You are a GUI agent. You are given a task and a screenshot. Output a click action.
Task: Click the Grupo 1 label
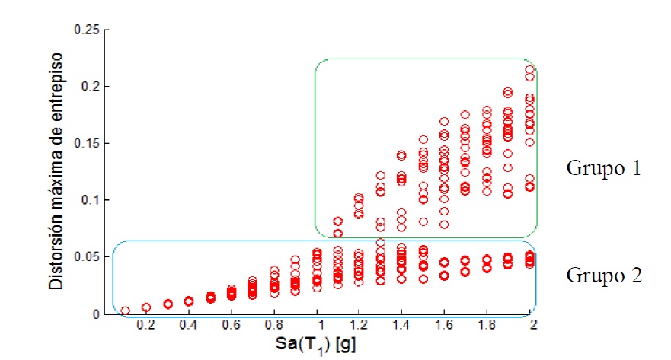coord(603,168)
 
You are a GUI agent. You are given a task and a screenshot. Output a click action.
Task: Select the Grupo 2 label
coord(604,276)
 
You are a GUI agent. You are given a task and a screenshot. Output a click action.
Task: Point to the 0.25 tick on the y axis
coord(86,30)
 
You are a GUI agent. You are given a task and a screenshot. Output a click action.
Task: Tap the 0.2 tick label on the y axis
coord(90,86)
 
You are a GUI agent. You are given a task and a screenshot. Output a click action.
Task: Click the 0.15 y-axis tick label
coord(86,143)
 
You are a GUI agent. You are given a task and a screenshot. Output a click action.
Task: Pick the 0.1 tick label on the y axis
coord(90,200)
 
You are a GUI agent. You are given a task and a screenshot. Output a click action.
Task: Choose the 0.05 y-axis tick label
coord(86,257)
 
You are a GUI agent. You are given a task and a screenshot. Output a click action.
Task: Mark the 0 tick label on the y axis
coord(96,314)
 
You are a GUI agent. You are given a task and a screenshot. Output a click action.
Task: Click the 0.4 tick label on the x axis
coord(188,325)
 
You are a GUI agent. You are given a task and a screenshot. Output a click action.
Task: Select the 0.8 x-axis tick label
coord(273,325)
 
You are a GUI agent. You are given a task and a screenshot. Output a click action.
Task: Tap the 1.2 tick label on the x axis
coord(359,325)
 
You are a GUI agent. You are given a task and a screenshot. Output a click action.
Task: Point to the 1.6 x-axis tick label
coord(444,325)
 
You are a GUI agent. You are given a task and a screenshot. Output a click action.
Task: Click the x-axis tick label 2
coord(533,325)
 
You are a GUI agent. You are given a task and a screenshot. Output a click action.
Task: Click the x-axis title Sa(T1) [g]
coord(315,345)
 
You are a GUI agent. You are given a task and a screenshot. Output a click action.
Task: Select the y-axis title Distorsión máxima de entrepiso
coord(56,171)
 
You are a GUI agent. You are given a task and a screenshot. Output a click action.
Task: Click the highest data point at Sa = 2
coord(529,69)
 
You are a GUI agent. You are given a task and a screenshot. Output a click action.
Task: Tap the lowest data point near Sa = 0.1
coord(125,311)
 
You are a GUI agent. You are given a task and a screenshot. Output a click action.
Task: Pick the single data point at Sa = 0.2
coord(146,307)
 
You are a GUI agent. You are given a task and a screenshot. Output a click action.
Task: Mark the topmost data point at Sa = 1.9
coord(508,91)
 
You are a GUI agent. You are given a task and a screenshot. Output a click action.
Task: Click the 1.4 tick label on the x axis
coord(401,325)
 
